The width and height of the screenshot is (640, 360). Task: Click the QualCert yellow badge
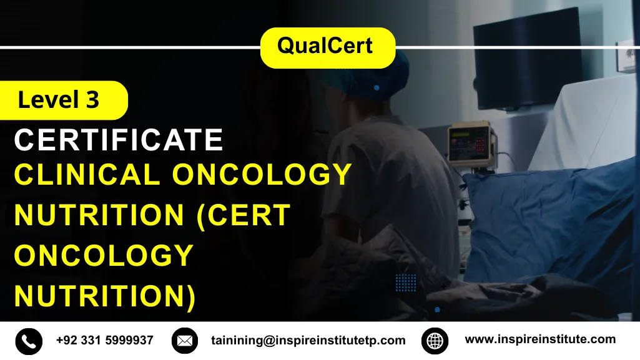(327, 47)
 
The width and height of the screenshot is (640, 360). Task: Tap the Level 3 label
(59, 100)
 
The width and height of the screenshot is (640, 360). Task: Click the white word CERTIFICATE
(119, 140)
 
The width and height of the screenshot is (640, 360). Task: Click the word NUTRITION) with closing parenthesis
(105, 296)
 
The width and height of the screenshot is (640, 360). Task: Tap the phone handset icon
(29, 341)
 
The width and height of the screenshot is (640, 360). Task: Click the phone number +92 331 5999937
(104, 340)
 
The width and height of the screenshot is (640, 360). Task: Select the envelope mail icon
(184, 341)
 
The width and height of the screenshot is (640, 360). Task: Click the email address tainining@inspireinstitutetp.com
(307, 341)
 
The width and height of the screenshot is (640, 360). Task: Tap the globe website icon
(435, 341)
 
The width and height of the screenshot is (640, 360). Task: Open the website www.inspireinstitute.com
(540, 339)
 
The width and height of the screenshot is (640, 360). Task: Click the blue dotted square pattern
(406, 283)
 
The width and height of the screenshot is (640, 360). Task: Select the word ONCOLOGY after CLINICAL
(262, 175)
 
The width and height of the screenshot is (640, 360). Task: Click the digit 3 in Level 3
(92, 100)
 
